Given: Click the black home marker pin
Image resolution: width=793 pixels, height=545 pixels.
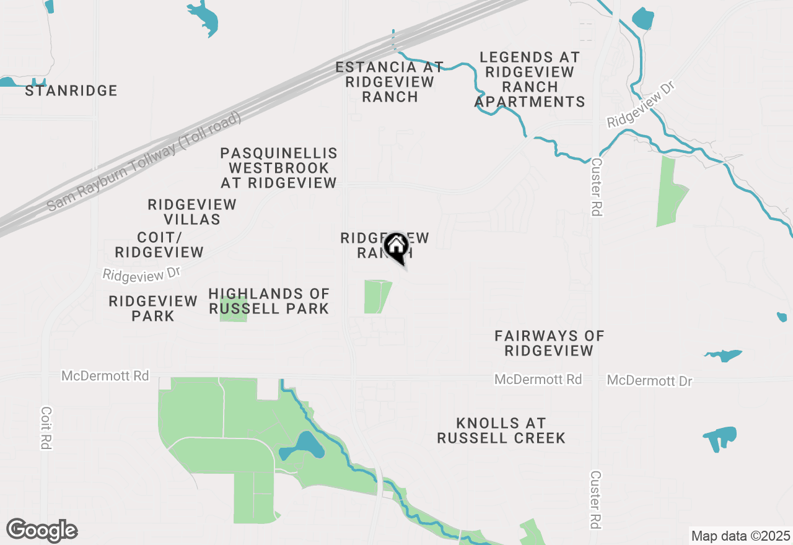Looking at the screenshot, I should pyautogui.click(x=396, y=247).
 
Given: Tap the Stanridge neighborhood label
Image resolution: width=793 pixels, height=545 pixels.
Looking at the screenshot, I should pyautogui.click(x=71, y=91).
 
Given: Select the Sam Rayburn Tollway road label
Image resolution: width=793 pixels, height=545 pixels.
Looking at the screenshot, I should pyautogui.click(x=144, y=162).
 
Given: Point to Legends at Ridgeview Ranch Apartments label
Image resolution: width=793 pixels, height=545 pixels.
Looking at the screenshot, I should pyautogui.click(x=530, y=80).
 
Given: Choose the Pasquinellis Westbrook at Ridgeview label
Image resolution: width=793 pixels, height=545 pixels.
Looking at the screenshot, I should pyautogui.click(x=279, y=168).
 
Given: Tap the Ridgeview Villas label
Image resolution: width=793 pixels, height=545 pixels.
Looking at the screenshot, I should pyautogui.click(x=192, y=212).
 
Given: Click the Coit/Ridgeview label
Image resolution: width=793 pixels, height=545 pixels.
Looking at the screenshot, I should pyautogui.click(x=159, y=245).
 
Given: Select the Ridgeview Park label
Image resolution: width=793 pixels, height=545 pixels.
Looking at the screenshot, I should pyautogui.click(x=153, y=308).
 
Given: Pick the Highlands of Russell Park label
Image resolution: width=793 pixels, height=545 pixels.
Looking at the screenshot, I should pyautogui.click(x=269, y=301).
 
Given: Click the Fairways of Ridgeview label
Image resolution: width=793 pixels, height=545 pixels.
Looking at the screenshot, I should pyautogui.click(x=549, y=343).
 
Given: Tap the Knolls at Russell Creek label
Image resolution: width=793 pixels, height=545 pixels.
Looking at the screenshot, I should pyautogui.click(x=501, y=430).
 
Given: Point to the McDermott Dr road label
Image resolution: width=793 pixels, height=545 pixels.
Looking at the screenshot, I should pyautogui.click(x=649, y=380).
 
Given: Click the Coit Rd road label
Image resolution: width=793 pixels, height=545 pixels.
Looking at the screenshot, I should pyautogui.click(x=46, y=428).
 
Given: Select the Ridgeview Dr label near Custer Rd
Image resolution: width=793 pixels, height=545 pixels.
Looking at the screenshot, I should pyautogui.click(x=640, y=104).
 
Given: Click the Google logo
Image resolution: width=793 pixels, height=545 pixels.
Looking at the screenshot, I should pyautogui.click(x=42, y=531).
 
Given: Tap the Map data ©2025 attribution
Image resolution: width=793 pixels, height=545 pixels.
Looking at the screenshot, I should pyautogui.click(x=740, y=536).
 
